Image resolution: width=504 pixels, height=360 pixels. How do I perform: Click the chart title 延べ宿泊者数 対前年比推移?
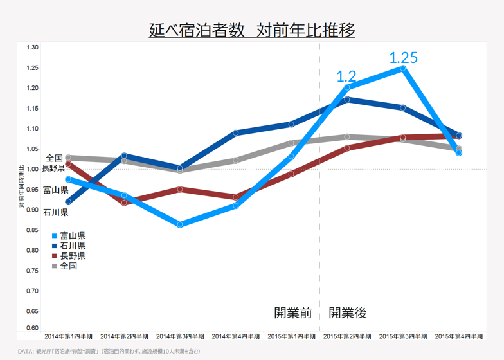(x=252, y=30)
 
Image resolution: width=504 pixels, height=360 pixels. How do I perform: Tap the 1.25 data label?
(x=404, y=58)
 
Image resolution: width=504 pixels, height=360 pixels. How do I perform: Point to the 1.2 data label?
(x=346, y=77)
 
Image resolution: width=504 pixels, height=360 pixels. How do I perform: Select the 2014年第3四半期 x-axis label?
(x=180, y=336)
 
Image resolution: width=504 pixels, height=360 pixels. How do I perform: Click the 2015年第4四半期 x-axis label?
(x=458, y=336)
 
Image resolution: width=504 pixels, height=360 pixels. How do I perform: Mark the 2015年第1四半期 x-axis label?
(x=291, y=336)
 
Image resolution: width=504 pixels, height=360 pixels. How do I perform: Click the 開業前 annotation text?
(x=293, y=313)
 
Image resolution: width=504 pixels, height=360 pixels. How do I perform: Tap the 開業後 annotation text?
(x=348, y=313)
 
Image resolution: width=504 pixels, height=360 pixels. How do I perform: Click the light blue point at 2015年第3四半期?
(x=403, y=68)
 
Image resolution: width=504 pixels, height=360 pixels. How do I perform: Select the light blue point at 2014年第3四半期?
(x=180, y=224)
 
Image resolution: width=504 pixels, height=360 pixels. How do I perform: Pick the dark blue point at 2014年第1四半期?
(x=68, y=202)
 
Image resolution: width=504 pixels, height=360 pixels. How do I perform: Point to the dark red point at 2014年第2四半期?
(x=124, y=203)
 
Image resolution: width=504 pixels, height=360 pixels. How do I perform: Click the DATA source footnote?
(x=109, y=351)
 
